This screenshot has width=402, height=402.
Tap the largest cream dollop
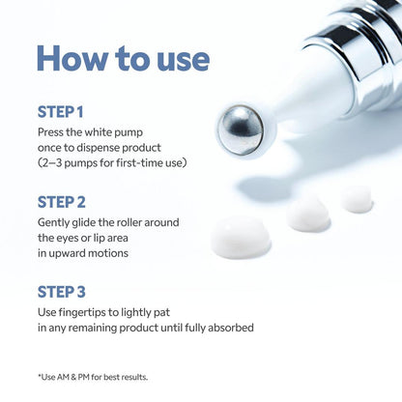click(241, 236)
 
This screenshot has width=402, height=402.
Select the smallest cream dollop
click(357, 199)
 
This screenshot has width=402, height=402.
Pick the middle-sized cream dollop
click(307, 214)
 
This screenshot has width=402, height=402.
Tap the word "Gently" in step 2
click(54, 221)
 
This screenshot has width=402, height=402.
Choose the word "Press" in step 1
click(51, 131)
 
